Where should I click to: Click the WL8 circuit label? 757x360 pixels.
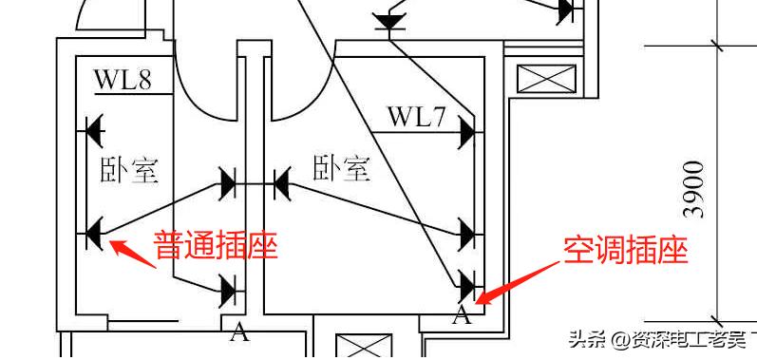tap(123, 80)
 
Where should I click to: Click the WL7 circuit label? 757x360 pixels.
tap(416, 118)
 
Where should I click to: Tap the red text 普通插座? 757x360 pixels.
tap(217, 248)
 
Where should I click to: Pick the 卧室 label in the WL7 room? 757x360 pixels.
tap(341, 169)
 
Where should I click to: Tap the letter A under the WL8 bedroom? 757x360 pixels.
tap(240, 332)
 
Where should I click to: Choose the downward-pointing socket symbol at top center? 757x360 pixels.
tap(388, 22)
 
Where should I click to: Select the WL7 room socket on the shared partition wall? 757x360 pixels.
tap(282, 182)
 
